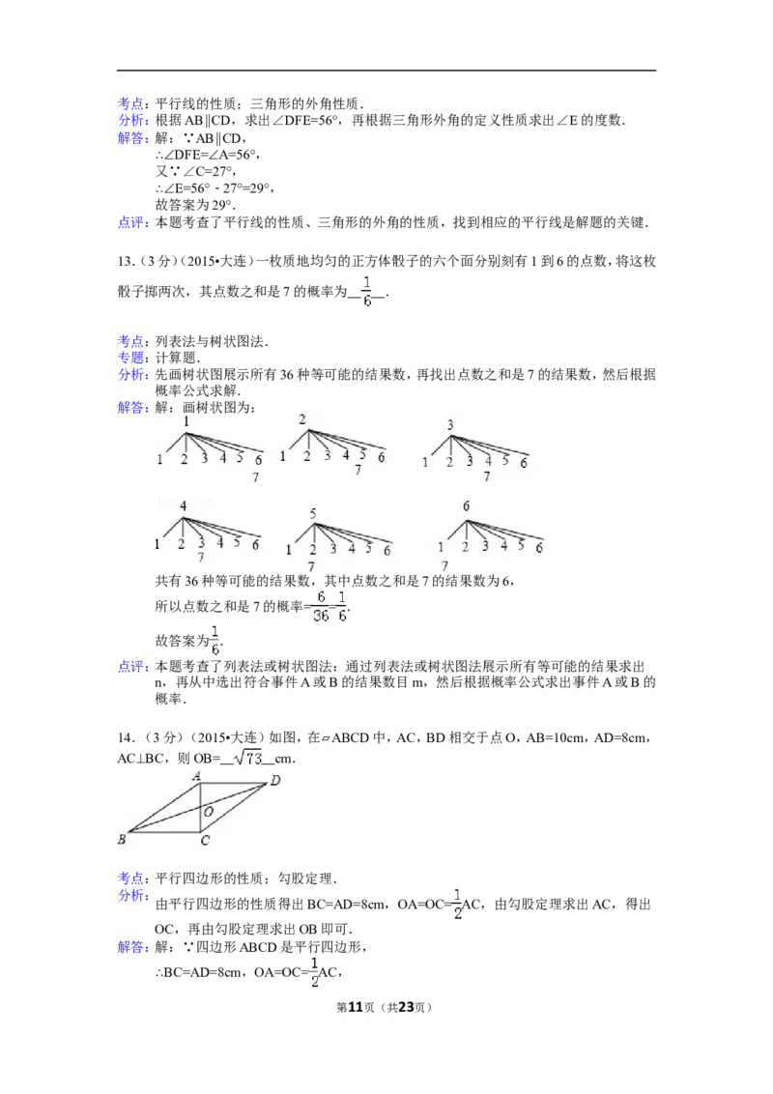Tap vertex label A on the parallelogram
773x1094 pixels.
(195, 776)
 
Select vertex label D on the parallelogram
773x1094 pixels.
(275, 780)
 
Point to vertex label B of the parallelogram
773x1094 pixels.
(122, 840)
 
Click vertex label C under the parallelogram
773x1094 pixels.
(205, 842)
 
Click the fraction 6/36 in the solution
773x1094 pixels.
(320, 607)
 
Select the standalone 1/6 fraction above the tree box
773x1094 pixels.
(366, 291)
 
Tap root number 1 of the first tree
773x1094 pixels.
(186, 422)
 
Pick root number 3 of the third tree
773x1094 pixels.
(450, 425)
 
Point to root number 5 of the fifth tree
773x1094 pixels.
(313, 513)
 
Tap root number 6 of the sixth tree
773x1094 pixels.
(467, 506)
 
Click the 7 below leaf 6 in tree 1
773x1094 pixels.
(256, 476)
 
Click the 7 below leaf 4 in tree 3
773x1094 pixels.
(487, 476)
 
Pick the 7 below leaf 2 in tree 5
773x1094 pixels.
(311, 566)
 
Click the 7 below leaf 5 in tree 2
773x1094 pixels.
(358, 470)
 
